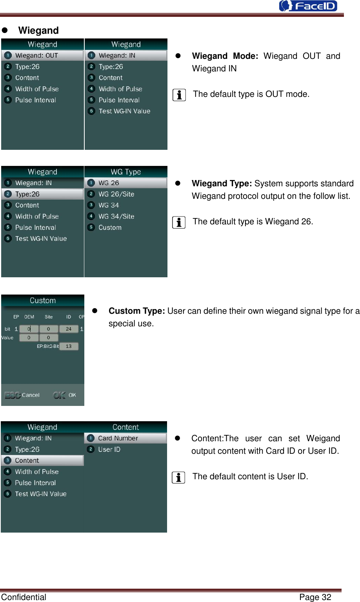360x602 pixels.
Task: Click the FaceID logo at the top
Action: [x=308, y=6]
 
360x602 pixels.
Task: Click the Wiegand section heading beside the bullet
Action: [x=38, y=31]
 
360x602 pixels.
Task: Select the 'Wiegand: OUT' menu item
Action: [x=36, y=56]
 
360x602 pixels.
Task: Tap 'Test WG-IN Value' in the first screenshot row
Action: [x=124, y=111]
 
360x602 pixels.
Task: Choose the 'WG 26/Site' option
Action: [x=116, y=194]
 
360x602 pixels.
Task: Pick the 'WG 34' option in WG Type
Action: [x=109, y=205]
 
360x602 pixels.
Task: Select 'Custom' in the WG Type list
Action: [x=110, y=227]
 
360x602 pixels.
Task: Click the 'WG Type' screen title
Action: [x=125, y=172]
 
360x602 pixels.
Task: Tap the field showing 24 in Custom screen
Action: [x=69, y=329]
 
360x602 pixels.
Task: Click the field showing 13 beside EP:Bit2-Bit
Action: [x=69, y=346]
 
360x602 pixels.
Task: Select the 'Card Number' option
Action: [x=118, y=438]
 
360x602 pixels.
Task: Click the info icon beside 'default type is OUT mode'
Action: [x=179, y=95]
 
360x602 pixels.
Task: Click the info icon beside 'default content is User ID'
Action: [x=178, y=477]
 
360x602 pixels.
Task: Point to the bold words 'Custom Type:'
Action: [x=136, y=311]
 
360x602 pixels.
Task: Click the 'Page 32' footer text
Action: [x=315, y=597]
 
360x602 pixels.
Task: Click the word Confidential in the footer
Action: [x=24, y=597]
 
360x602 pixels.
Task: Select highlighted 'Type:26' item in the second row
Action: [x=27, y=194]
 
